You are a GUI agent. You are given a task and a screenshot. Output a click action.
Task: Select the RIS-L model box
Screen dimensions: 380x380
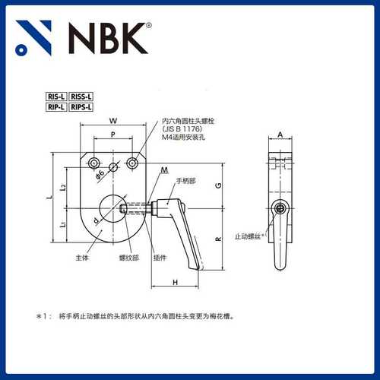point(56,97)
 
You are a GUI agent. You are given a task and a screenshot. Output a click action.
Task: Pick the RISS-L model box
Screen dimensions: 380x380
point(81,97)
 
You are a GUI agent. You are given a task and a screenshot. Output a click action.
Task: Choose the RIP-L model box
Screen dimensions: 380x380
point(56,108)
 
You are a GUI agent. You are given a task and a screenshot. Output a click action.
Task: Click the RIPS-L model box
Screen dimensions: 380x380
point(81,108)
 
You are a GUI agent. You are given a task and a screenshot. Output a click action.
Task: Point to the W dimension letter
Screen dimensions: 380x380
point(112,121)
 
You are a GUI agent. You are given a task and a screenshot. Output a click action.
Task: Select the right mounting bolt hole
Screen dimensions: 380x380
point(134,163)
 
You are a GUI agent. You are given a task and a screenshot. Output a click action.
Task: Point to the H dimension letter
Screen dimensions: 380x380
point(175,282)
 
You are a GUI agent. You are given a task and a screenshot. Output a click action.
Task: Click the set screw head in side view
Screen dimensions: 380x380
point(282,208)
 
